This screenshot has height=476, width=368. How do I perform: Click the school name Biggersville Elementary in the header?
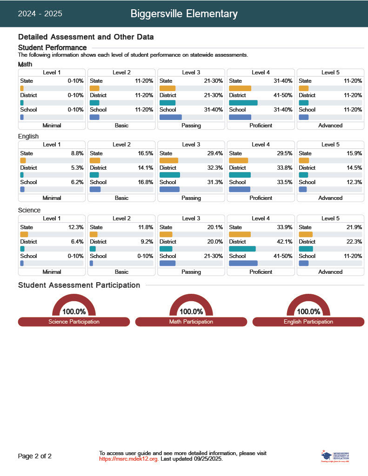click(x=184, y=14)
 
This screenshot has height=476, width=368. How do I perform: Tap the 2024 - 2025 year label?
click(x=40, y=14)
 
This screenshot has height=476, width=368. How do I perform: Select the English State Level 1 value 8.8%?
click(x=77, y=153)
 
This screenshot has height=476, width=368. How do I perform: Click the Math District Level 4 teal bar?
click(x=243, y=103)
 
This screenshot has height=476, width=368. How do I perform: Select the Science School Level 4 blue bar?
click(x=243, y=263)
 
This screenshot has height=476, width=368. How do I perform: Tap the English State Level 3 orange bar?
click(x=168, y=160)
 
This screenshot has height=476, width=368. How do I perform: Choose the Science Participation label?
click(x=74, y=322)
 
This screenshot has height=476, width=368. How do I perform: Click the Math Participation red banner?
click(x=191, y=322)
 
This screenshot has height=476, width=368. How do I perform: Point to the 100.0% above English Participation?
click(x=308, y=311)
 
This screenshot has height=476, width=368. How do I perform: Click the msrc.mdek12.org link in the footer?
click(x=128, y=459)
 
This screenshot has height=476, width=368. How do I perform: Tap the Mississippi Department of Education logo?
click(x=335, y=456)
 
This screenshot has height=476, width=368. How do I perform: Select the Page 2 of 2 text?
click(x=35, y=456)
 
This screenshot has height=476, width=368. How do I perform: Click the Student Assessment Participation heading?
click(x=79, y=285)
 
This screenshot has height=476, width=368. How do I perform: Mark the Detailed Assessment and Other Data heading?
click(x=86, y=37)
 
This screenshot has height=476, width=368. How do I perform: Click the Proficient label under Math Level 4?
click(x=261, y=126)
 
